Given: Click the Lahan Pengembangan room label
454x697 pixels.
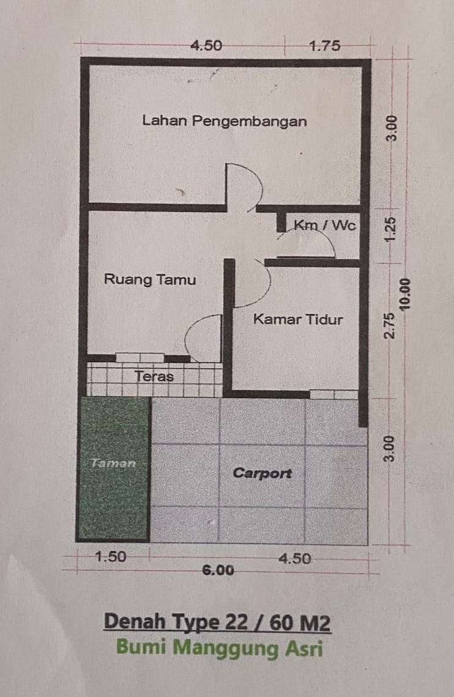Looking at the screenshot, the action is pyautogui.click(x=224, y=121).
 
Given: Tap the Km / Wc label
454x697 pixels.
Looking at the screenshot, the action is pyautogui.click(x=325, y=225).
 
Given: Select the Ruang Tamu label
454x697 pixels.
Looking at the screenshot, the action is pyautogui.click(x=150, y=279).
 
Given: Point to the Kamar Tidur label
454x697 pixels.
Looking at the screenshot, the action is pyautogui.click(x=298, y=319).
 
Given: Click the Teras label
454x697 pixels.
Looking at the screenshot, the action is pyautogui.click(x=154, y=377).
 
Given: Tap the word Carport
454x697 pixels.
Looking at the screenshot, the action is pyautogui.click(x=262, y=473).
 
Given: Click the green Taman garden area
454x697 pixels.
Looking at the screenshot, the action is pyautogui.click(x=114, y=468).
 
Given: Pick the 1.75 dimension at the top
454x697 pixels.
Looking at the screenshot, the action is pyautogui.click(x=325, y=46).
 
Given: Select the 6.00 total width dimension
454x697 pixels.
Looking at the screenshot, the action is pyautogui.click(x=218, y=570).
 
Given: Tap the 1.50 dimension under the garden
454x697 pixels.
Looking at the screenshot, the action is pyautogui.click(x=111, y=556).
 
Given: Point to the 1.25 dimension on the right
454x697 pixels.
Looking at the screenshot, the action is pyautogui.click(x=390, y=230).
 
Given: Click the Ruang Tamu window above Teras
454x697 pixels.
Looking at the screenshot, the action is pyautogui.click(x=140, y=358).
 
